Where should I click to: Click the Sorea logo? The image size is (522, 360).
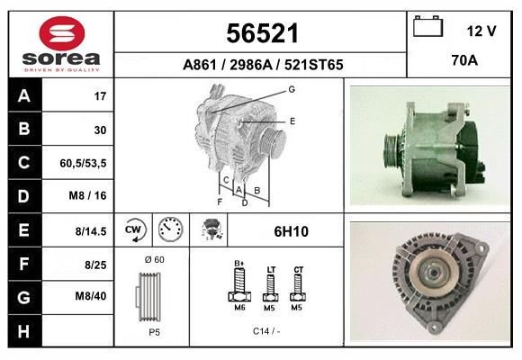[61, 43]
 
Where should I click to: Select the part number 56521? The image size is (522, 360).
[262, 33]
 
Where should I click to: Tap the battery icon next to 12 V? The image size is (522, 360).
[427, 29]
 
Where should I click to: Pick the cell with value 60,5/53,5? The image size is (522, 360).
[84, 163]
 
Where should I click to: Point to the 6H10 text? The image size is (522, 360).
[291, 231]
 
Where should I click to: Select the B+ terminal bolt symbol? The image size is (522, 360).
[239, 287]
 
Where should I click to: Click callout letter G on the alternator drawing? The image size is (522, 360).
[292, 89]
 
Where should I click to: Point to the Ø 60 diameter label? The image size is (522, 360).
[153, 259]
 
